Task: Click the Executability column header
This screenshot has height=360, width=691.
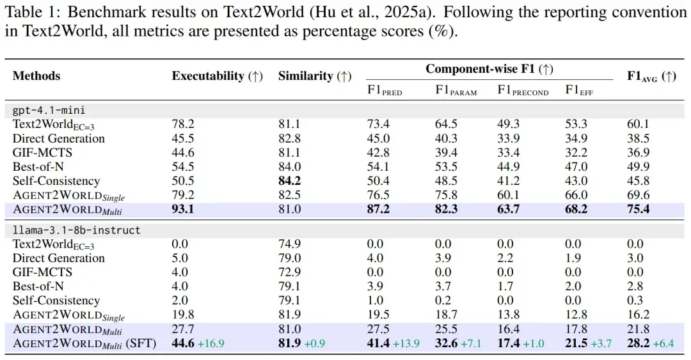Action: click(218, 76)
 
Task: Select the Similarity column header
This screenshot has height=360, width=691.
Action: click(315, 76)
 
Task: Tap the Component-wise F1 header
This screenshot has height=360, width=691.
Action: click(489, 69)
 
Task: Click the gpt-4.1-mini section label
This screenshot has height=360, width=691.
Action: click(49, 110)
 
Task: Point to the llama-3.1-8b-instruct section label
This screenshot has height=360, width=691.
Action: click(76, 230)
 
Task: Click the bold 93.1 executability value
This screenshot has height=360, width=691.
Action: click(183, 209)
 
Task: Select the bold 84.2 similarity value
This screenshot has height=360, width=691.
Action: click(290, 181)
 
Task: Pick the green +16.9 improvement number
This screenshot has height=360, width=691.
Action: click(210, 343)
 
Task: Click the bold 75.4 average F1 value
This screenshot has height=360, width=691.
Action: click(638, 209)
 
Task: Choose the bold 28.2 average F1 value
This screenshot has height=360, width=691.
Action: click(638, 343)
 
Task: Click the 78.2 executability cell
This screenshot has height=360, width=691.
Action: click(183, 124)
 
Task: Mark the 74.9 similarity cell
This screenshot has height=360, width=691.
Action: click(290, 244)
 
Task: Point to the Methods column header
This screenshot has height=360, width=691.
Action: click(36, 76)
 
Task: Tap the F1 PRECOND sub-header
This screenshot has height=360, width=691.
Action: click(523, 90)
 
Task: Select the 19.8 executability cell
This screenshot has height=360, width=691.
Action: click(183, 315)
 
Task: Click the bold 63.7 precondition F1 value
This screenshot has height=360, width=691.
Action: click(508, 209)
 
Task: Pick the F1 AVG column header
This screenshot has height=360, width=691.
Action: click(651, 76)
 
